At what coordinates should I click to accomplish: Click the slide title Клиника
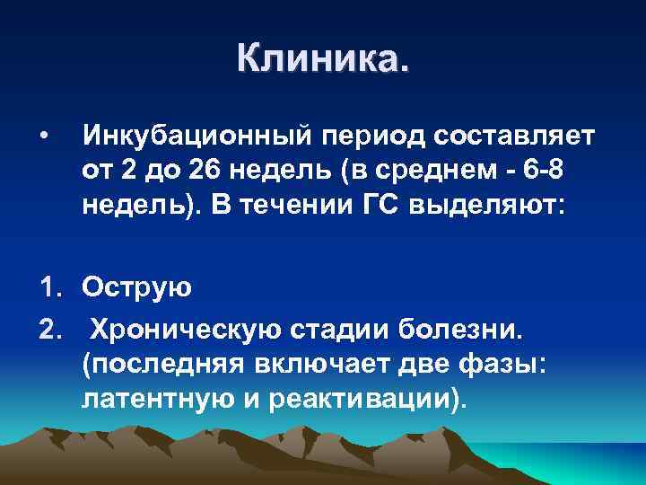(322, 59)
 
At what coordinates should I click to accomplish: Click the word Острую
(136, 287)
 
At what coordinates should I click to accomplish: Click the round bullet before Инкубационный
(43, 137)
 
